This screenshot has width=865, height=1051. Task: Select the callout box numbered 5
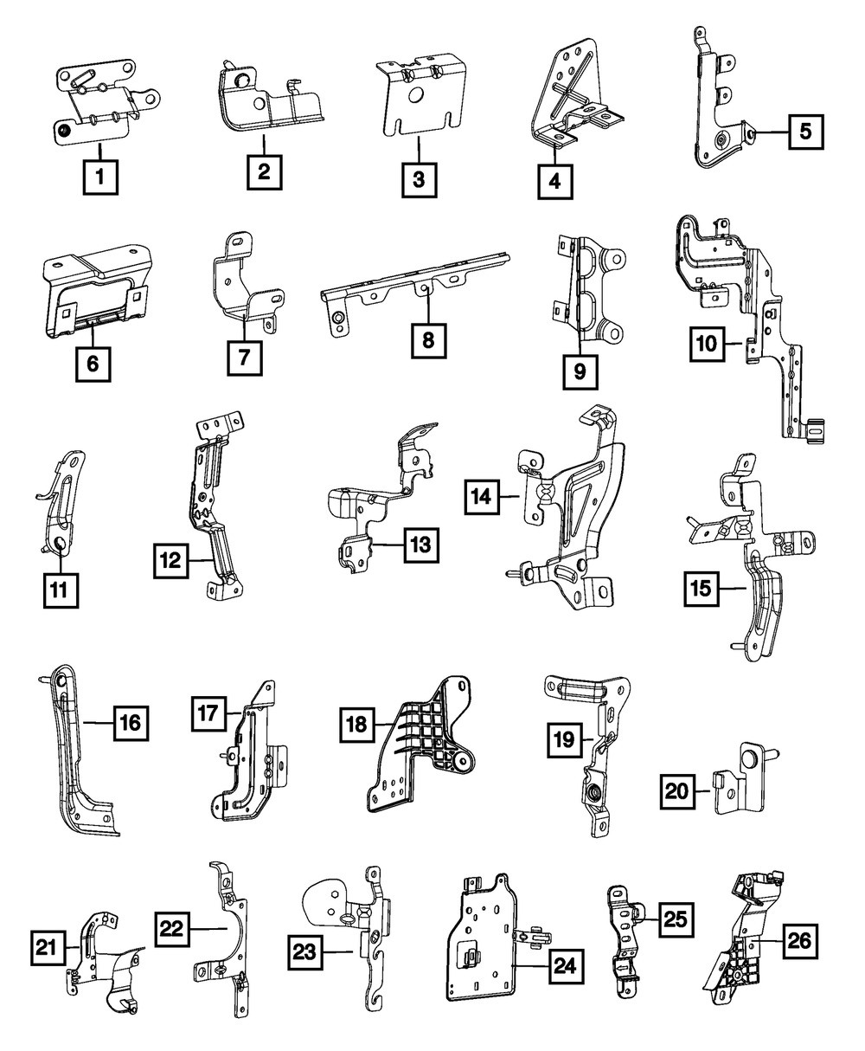tap(804, 132)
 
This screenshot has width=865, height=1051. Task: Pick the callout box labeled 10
tap(708, 344)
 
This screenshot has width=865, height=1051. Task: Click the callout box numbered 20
tap(680, 790)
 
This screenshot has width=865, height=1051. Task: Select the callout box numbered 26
tap(801, 942)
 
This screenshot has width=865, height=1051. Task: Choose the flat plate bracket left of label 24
tap(480, 944)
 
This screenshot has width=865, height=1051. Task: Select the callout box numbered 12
tap(171, 561)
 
